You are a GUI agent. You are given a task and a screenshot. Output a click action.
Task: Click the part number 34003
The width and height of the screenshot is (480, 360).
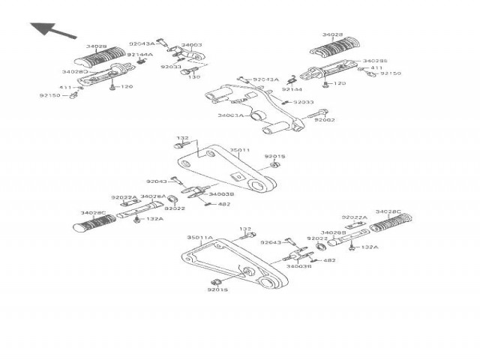point(192,45)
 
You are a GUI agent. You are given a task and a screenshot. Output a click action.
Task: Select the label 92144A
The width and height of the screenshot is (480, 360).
point(140,55)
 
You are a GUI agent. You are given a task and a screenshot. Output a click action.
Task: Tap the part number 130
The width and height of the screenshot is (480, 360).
point(194,76)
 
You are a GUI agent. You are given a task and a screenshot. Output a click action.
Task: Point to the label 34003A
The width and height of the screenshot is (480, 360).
point(229,115)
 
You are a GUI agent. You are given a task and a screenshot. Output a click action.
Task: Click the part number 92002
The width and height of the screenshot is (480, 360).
point(324,120)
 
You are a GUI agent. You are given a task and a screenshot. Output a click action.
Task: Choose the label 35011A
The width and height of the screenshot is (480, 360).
point(201,237)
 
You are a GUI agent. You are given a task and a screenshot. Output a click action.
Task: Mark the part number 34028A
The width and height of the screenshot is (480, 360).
point(154,196)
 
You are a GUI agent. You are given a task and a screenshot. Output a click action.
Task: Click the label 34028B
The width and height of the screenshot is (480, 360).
point(333,232)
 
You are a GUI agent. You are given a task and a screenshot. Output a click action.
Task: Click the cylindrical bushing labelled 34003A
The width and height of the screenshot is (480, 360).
point(256,116)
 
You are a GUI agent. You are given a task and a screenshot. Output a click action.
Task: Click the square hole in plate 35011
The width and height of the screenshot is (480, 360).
point(238,177)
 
